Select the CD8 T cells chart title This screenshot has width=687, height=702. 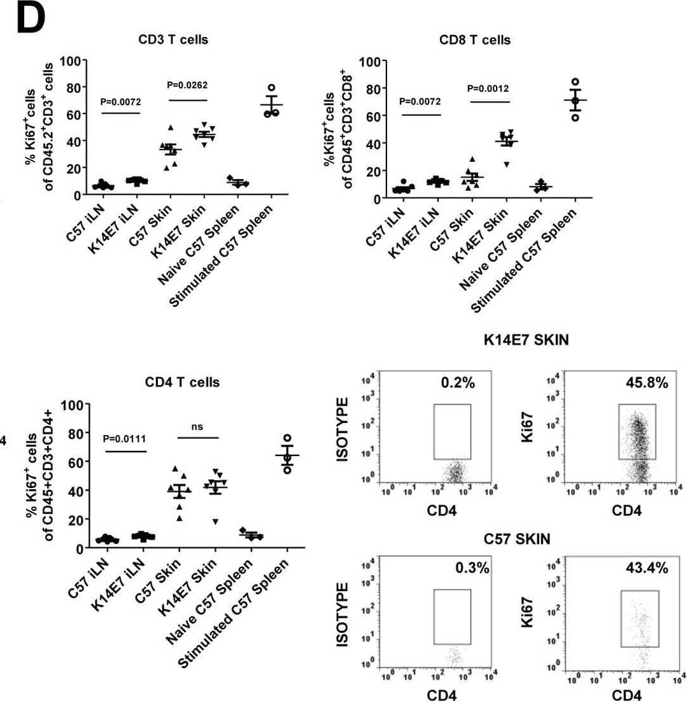(475, 40)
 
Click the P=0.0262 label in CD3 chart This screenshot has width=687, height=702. (187, 85)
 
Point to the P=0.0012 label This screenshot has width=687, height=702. (488, 88)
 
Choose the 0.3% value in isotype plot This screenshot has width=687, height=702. (472, 568)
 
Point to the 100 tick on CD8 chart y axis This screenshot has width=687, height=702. (369, 62)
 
